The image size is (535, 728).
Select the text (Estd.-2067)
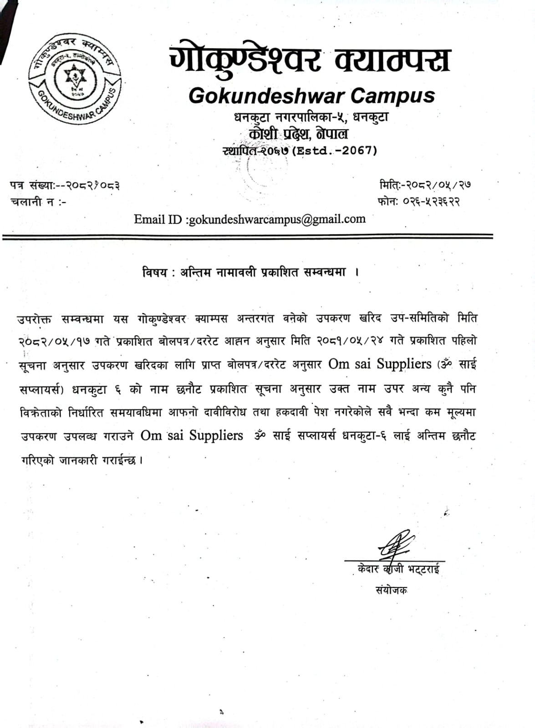tap(335, 151)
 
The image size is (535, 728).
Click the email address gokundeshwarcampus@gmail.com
tap(277, 219)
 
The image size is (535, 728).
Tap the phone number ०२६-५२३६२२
tap(431, 201)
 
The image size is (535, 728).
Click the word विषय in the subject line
tap(153, 273)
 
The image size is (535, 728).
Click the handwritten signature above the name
tap(393, 545)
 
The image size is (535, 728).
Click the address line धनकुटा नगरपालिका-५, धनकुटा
tap(311, 117)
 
